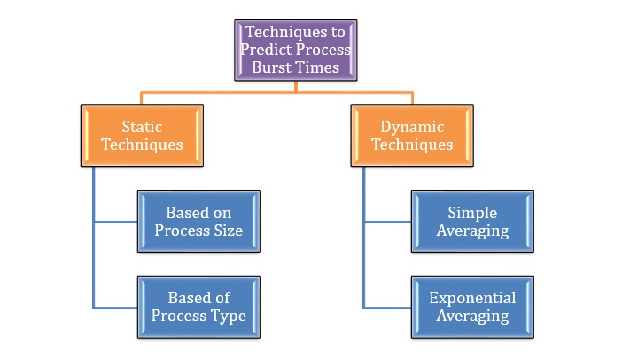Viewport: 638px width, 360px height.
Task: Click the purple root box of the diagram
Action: (296, 50)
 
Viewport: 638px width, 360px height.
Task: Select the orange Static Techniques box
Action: (142, 136)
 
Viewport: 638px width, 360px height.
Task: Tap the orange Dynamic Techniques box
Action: (412, 136)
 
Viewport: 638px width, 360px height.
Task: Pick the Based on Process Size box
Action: (199, 221)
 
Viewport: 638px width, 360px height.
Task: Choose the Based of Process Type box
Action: (199, 307)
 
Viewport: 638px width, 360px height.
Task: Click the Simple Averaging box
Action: (472, 221)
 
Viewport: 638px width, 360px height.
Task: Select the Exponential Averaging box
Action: (472, 307)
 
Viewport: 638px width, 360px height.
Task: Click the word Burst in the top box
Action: (280, 67)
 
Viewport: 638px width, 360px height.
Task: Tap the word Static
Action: (142, 127)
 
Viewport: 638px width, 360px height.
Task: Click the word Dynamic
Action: (412, 127)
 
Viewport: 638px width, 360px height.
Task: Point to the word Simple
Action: (472, 213)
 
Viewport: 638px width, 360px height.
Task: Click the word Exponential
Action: (472, 298)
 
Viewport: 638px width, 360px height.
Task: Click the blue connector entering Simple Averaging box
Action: (387, 221)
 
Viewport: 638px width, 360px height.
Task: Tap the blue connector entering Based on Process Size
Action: (115, 221)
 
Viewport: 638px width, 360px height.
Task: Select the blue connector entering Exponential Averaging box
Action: (387, 307)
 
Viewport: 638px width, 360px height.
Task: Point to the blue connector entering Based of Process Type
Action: (115, 307)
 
